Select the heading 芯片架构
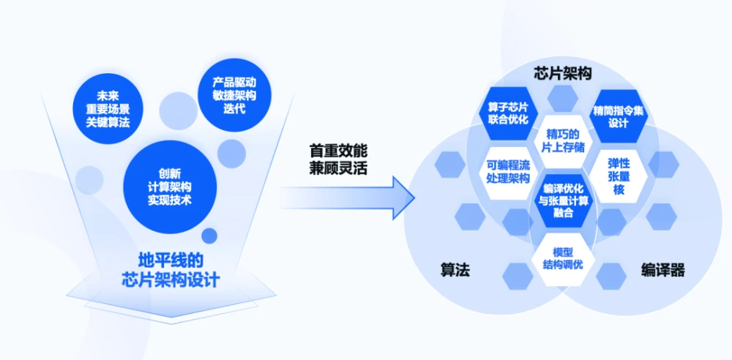point(562,73)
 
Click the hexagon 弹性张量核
point(619,176)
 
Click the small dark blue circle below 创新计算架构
point(209,236)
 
